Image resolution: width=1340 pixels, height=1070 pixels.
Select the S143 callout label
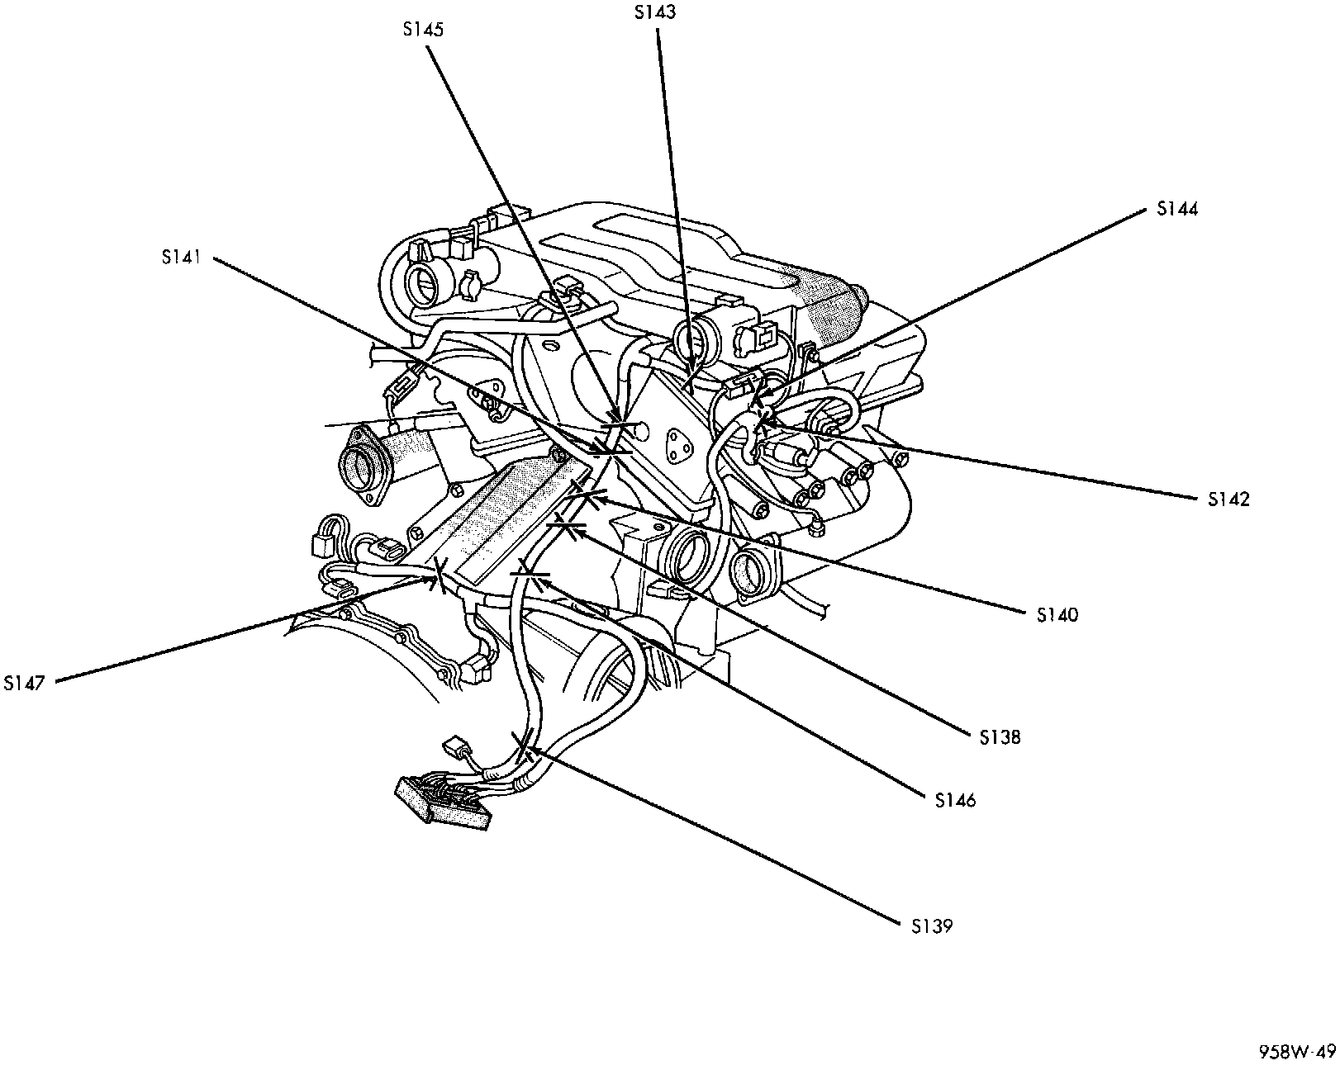click(x=655, y=12)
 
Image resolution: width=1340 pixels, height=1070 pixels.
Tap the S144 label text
click(x=1177, y=209)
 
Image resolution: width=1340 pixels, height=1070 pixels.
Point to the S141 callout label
click(x=181, y=257)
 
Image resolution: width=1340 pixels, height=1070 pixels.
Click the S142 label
click(x=1228, y=499)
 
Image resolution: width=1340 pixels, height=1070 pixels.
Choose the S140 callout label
click(x=1057, y=615)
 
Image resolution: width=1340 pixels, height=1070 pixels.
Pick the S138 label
click(x=1000, y=737)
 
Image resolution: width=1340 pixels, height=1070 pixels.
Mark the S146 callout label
click(x=955, y=800)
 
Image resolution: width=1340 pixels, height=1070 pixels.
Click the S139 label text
click(x=932, y=927)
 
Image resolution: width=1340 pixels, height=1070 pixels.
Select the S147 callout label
click(x=24, y=684)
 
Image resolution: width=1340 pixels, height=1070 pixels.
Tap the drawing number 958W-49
click(x=1298, y=1051)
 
